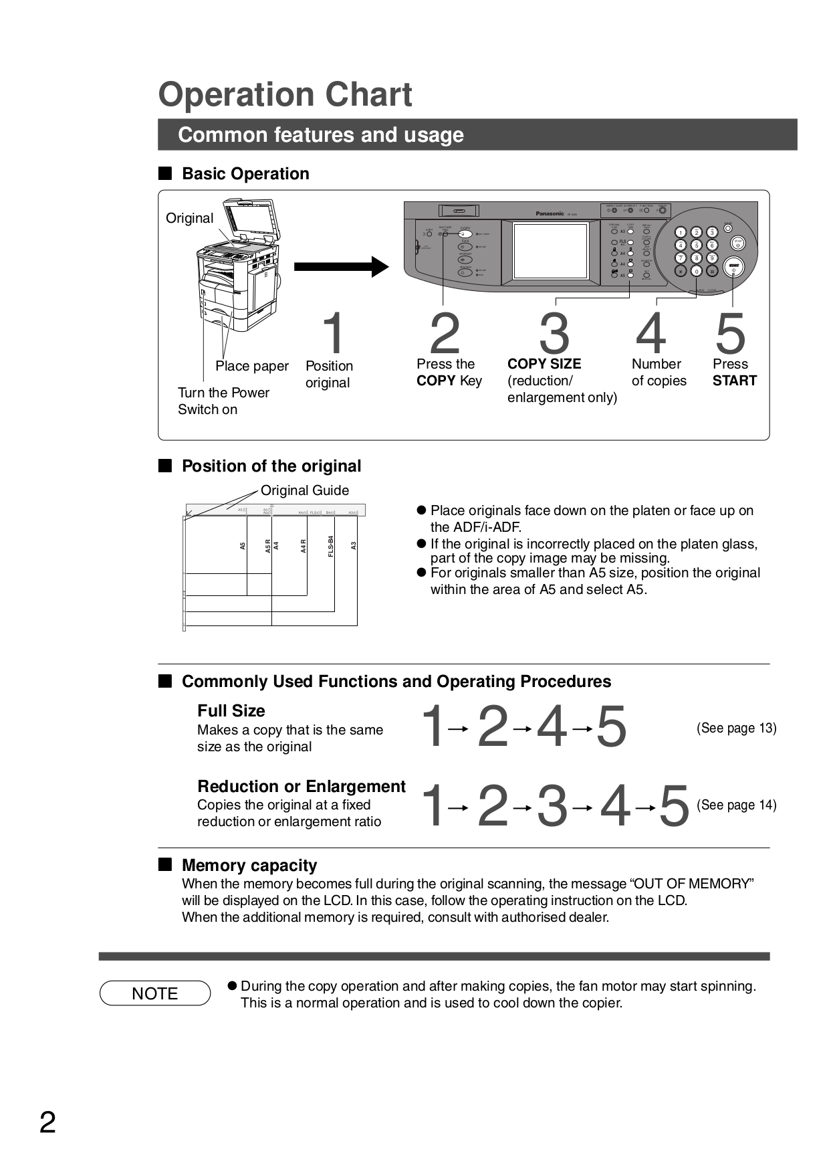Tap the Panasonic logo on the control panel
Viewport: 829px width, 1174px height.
pos(550,213)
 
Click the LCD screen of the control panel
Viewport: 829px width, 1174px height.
pos(550,252)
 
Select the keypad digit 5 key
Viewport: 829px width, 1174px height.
pos(696,245)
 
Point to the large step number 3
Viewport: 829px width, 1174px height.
pos(554,334)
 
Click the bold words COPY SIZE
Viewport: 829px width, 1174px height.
pos(544,364)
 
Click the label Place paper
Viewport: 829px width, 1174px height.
pos(252,366)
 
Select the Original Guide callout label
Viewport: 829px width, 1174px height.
pos(304,490)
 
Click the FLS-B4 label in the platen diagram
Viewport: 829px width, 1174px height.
pos(330,547)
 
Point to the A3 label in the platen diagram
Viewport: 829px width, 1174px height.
pos(354,546)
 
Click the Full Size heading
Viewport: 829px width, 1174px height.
pos(231,710)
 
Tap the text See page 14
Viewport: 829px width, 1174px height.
pos(736,805)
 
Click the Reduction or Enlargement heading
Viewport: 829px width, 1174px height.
pos(301,786)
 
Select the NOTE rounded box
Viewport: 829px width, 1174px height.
pos(155,993)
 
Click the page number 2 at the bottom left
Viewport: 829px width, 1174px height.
pos(47,1122)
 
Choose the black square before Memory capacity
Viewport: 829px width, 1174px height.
pos(165,864)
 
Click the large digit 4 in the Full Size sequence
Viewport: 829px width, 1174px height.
pos(552,727)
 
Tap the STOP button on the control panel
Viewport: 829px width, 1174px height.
pos(738,243)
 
